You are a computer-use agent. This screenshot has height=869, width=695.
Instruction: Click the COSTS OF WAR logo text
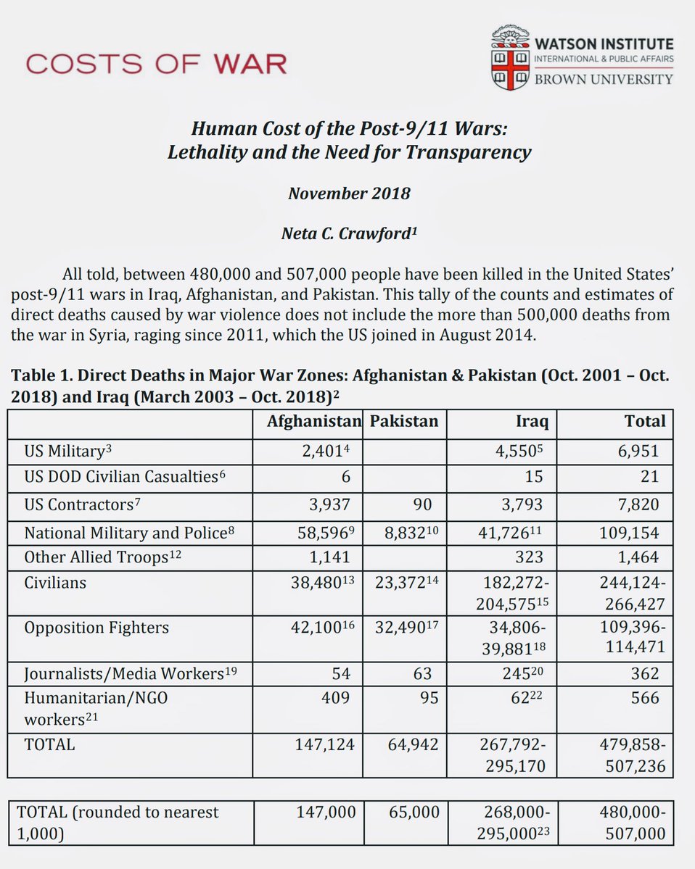[156, 64]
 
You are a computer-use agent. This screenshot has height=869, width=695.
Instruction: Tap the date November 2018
[349, 194]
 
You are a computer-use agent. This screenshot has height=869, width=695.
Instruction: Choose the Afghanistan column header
[313, 422]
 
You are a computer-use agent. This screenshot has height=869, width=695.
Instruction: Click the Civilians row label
[55, 582]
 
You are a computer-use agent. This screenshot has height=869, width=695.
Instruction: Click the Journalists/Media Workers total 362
[644, 673]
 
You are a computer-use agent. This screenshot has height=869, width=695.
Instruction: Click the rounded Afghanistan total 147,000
[326, 812]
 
